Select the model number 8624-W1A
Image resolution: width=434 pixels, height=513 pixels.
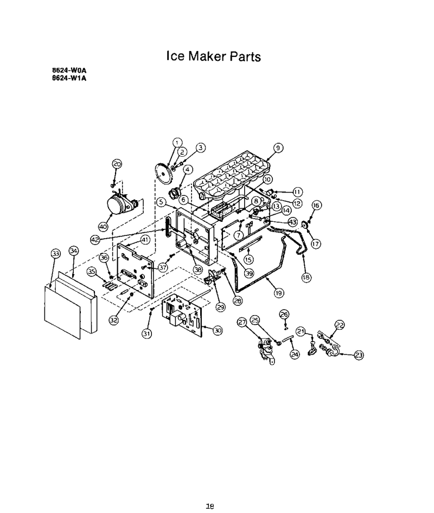[69, 78]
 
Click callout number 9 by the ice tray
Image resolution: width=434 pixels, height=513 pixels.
[278, 148]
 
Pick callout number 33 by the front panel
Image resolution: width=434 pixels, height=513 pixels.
[56, 253]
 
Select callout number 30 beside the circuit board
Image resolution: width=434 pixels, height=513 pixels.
[218, 330]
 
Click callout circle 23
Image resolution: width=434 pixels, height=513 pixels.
[359, 355]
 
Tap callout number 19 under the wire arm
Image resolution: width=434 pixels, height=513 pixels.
[278, 293]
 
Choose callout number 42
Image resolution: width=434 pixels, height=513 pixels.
[95, 240]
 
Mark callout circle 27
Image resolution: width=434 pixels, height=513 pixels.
[242, 322]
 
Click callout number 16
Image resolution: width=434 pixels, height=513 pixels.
[316, 205]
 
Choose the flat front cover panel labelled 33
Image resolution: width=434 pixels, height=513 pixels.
[62, 312]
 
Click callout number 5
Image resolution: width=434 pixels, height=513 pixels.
[161, 202]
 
